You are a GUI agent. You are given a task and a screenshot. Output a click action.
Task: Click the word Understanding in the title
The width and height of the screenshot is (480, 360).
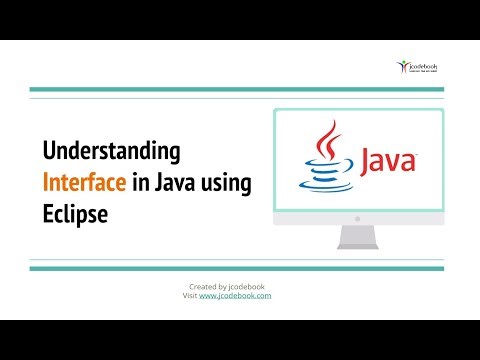coord(111,152)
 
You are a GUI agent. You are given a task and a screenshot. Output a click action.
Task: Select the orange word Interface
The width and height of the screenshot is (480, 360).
coord(84,184)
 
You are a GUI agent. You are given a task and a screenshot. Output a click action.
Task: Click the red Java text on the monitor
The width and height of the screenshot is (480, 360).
coord(387,160)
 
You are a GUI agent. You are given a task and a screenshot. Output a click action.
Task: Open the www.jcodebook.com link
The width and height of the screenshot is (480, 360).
coord(235,296)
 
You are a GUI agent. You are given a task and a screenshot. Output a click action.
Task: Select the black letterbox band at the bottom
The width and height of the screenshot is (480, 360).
coord(240,340)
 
